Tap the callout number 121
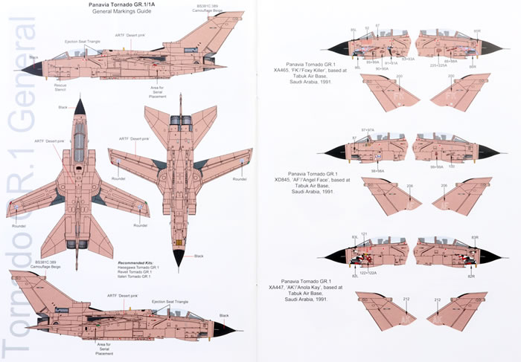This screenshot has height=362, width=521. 364,234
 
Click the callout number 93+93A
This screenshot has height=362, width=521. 408,58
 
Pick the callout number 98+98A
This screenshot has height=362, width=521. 373,169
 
